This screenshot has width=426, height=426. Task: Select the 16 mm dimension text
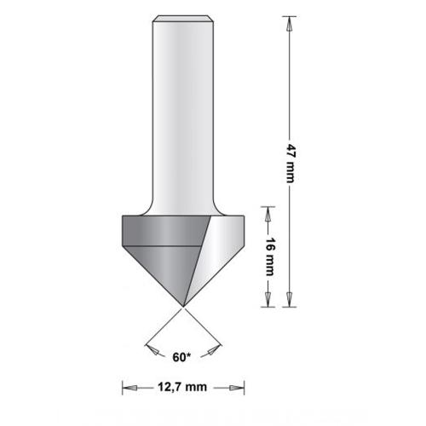(269, 256)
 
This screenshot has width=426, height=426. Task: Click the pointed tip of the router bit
(183, 305)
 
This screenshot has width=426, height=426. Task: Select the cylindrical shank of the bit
(183, 111)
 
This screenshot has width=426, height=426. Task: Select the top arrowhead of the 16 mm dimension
(269, 212)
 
